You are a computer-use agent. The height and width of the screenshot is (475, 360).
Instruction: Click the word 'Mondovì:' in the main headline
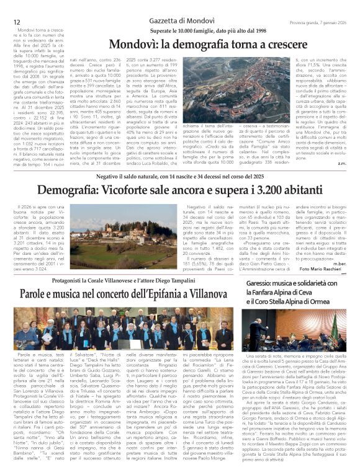[135, 45]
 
